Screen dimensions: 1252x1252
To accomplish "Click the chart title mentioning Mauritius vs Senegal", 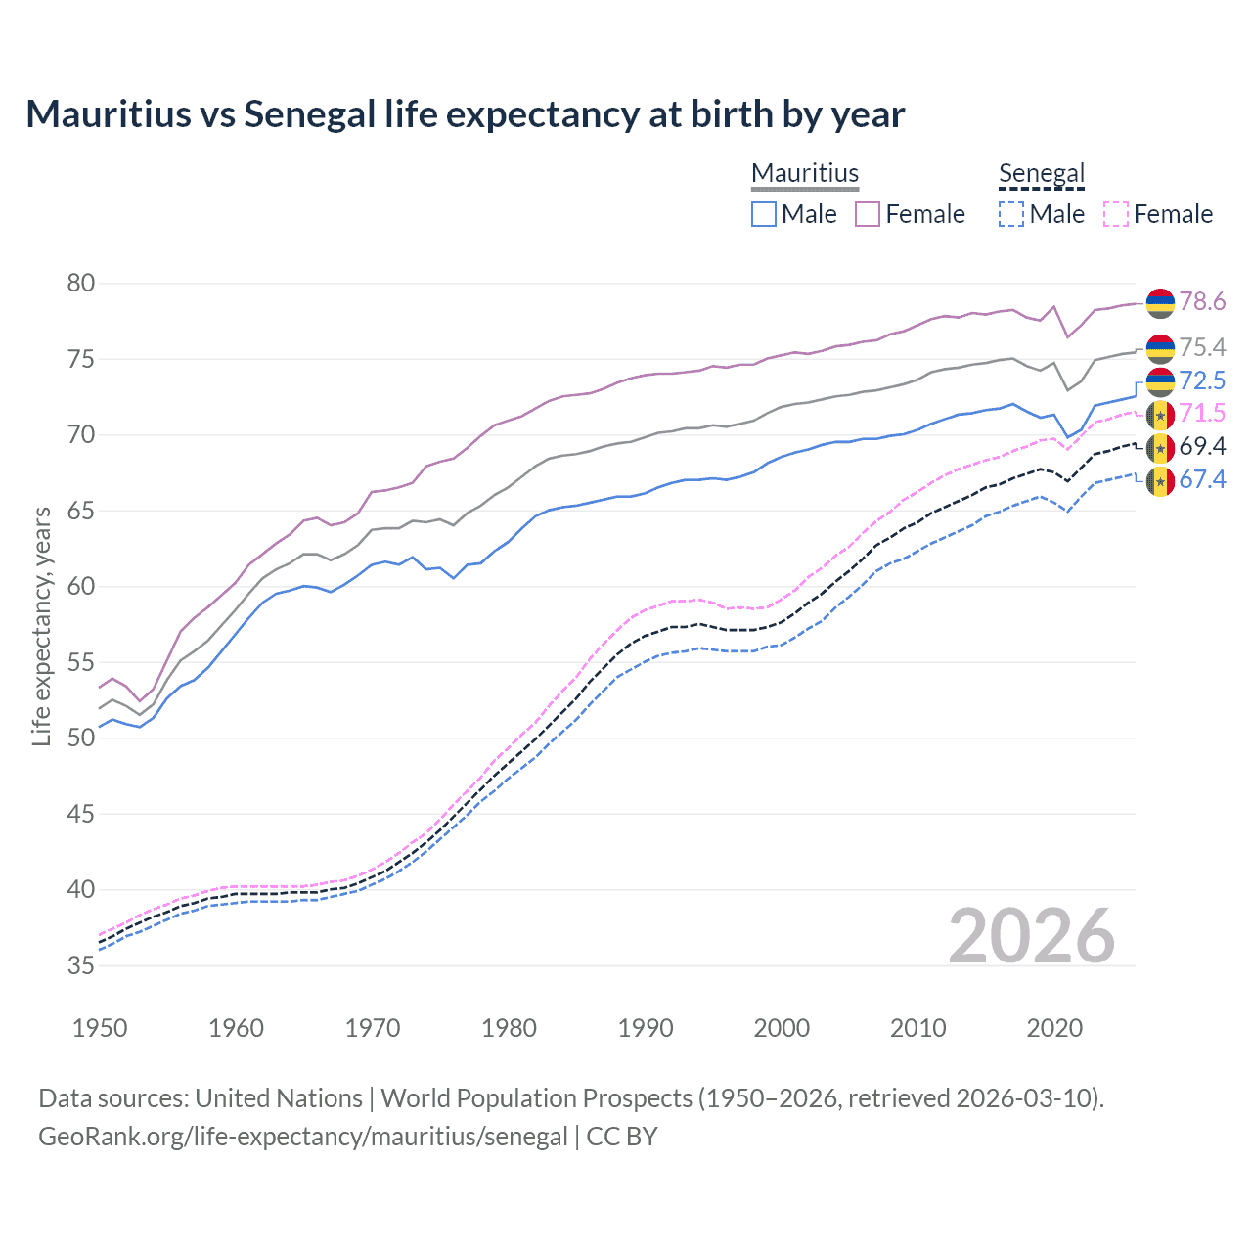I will coord(465,114).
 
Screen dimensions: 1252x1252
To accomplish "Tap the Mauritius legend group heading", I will coord(805,173).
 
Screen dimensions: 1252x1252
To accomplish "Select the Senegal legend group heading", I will coord(1042,173).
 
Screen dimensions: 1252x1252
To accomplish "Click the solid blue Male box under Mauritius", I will coord(764,214).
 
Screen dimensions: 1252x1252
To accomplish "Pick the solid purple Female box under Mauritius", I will coord(869,214).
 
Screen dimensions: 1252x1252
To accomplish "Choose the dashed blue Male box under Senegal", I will coord(1012,214).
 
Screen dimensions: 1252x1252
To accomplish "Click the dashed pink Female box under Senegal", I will coord(1116,214).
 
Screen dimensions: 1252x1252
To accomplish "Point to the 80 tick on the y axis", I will coord(81,284).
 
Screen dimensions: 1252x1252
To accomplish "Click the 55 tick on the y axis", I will coord(81,662).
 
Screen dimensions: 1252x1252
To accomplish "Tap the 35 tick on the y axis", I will coord(81,965).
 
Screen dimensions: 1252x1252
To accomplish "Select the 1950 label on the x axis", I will coord(100,1028).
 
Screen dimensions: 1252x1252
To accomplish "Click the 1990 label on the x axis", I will coord(646,1028).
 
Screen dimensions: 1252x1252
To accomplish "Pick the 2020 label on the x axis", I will coord(1054,1028).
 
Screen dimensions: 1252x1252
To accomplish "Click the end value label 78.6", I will coord(1202,302).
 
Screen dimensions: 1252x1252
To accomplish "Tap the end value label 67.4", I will coord(1202,479).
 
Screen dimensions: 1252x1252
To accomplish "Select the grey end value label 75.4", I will coord(1202,348).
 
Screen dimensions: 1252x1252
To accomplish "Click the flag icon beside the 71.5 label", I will coord(1160,415).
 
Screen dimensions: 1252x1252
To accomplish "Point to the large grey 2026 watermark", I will coord(1031,936).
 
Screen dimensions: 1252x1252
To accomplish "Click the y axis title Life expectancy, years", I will coord(42,626).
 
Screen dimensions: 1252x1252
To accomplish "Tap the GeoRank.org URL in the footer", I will coord(303,1137).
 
